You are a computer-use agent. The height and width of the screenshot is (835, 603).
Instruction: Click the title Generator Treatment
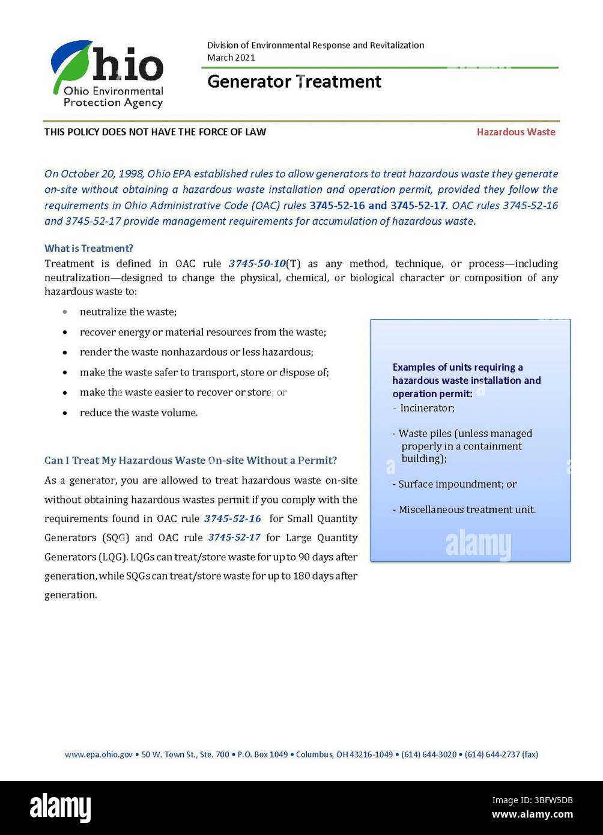point(294,82)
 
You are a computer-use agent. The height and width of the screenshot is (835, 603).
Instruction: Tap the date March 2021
point(231,58)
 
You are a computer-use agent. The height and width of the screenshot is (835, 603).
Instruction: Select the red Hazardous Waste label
point(516,132)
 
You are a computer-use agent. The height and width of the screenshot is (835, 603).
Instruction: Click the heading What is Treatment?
point(89,248)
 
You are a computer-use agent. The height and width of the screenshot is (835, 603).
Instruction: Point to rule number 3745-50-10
point(256,264)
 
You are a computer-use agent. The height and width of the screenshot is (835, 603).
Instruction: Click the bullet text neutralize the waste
point(128,312)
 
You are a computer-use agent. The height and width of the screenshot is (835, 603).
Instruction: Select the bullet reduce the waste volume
point(139,413)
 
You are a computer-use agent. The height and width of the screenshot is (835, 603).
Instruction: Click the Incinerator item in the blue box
point(427,408)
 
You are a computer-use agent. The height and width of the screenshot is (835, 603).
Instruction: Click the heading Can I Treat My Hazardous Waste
point(190,461)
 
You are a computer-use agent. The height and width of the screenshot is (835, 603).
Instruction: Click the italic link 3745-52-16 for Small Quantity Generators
point(232,518)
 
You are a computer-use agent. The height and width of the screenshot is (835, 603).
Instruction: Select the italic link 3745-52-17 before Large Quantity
point(234,538)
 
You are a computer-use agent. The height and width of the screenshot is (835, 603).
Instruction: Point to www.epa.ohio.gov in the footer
point(98,755)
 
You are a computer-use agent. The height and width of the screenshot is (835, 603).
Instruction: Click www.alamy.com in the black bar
point(532,815)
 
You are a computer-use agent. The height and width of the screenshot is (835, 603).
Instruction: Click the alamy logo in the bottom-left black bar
point(61,807)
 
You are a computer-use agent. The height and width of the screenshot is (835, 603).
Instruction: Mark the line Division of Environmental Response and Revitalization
point(315,46)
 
